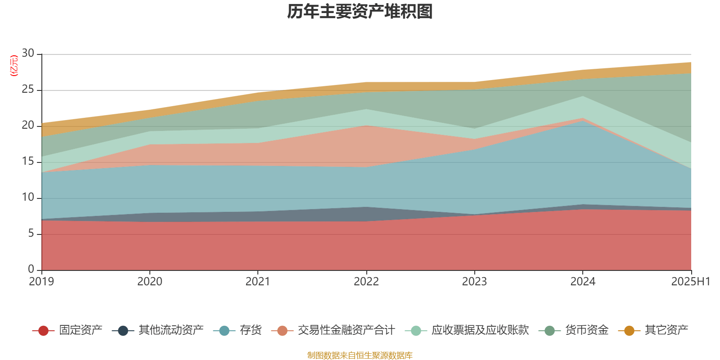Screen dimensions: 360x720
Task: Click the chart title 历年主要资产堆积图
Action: (x=360, y=12)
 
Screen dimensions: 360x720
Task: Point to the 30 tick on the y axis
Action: (x=28, y=53)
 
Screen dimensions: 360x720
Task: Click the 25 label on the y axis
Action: (x=28, y=90)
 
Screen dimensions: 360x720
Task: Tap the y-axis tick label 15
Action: (x=28, y=161)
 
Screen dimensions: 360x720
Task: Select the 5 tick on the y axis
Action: (x=31, y=233)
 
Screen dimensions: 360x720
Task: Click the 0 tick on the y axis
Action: (x=31, y=269)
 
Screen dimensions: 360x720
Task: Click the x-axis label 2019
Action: (x=41, y=282)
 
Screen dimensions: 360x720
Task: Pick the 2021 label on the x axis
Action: (x=258, y=282)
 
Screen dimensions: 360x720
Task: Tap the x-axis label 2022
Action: (x=366, y=282)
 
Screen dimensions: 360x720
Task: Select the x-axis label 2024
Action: (x=583, y=282)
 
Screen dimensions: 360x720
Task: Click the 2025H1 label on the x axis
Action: (x=690, y=282)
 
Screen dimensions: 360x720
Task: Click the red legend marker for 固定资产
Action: (x=43, y=331)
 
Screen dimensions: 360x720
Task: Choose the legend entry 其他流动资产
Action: (x=171, y=330)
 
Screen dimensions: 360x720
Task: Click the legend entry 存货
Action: (x=251, y=330)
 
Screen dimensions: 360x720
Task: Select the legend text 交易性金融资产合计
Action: (x=346, y=330)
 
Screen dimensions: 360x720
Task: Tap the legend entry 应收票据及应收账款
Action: (x=480, y=330)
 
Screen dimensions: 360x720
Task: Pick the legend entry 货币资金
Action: (x=587, y=330)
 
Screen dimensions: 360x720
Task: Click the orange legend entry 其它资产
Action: (x=666, y=330)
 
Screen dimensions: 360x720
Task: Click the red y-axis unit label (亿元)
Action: (x=13, y=66)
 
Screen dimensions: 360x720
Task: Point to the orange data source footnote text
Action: (x=360, y=355)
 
